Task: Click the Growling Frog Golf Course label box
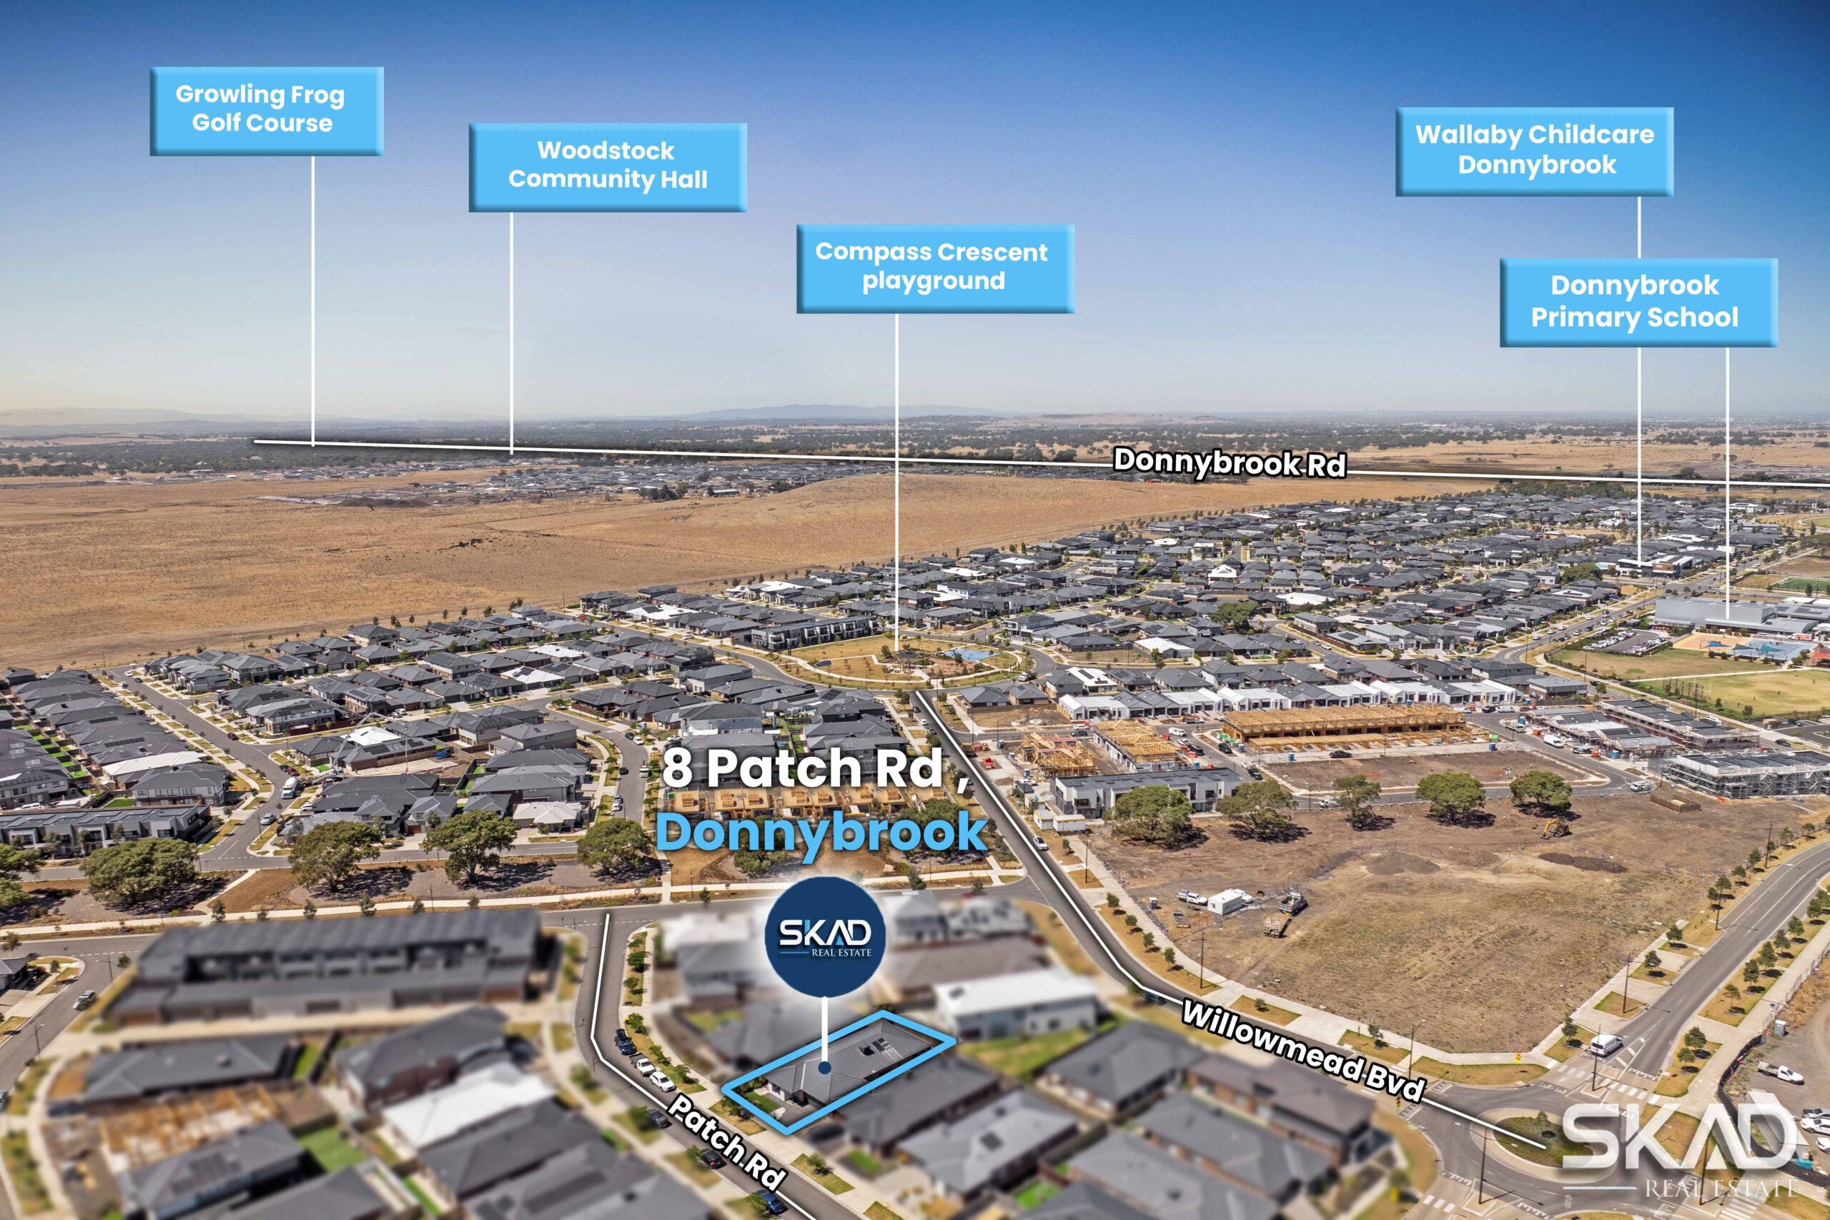point(266,111)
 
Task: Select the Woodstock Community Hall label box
point(607,167)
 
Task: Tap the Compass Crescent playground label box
point(934,269)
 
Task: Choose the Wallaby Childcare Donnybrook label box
point(1533,151)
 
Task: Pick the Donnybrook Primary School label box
point(1638,302)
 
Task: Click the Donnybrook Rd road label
point(1230,462)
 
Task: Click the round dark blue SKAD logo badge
point(825,936)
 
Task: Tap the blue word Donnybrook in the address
point(821,833)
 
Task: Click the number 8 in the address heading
point(677,769)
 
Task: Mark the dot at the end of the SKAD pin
point(824,1068)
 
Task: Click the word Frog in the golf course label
point(317,95)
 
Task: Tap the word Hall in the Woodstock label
point(683,179)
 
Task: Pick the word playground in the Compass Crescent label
point(933,281)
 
